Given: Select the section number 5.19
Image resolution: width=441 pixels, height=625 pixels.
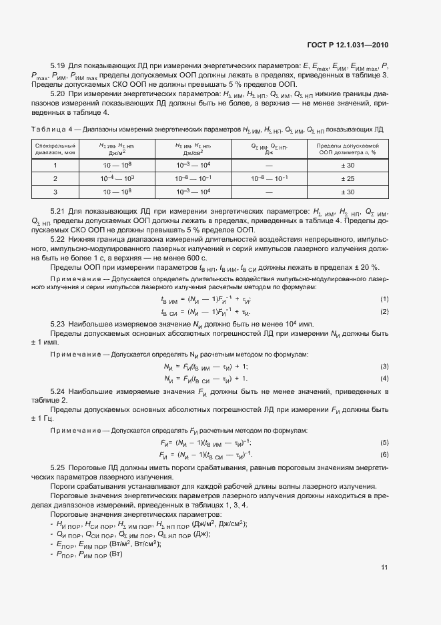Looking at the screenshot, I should pyautogui.click(x=59, y=66).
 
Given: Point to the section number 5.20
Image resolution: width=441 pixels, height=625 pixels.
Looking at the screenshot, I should pyautogui.click(x=59, y=95).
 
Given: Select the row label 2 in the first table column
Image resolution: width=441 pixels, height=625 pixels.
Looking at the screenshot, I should pyautogui.click(x=55, y=178).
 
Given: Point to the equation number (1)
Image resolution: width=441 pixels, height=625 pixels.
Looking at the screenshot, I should pyautogui.click(x=384, y=299).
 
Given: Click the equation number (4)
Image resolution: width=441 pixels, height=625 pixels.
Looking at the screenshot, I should pyautogui.click(x=384, y=379).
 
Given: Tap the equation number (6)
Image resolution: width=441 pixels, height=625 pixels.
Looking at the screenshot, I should pyautogui.click(x=384, y=454).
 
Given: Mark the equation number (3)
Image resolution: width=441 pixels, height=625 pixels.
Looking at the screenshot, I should pyautogui.click(x=384, y=367).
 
